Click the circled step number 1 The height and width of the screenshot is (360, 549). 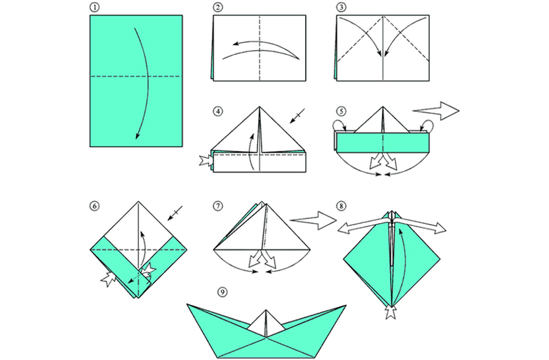tap(94, 7)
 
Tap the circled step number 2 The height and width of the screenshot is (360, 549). tap(217, 7)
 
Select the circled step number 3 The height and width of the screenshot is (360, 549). tap(342, 7)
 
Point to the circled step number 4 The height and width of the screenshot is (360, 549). tap(217, 111)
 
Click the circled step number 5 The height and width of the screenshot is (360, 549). tap(342, 111)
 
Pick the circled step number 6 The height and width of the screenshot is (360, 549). tap(94, 206)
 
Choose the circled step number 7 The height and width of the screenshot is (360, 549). tap(217, 206)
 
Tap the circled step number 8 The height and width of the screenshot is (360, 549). tap(342, 206)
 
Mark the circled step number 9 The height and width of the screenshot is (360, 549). tap(222, 292)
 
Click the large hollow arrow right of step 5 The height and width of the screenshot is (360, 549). tap(436, 111)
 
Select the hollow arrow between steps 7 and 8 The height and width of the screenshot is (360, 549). tap(314, 220)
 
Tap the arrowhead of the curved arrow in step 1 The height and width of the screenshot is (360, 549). tap(138, 136)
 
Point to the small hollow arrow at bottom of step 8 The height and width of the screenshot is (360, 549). tap(391, 312)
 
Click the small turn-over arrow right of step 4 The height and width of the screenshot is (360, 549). tap(297, 116)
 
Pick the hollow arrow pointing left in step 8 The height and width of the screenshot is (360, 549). tap(364, 225)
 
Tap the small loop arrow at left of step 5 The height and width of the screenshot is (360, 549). tap(340, 125)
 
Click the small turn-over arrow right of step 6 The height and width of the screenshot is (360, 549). tap(175, 213)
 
